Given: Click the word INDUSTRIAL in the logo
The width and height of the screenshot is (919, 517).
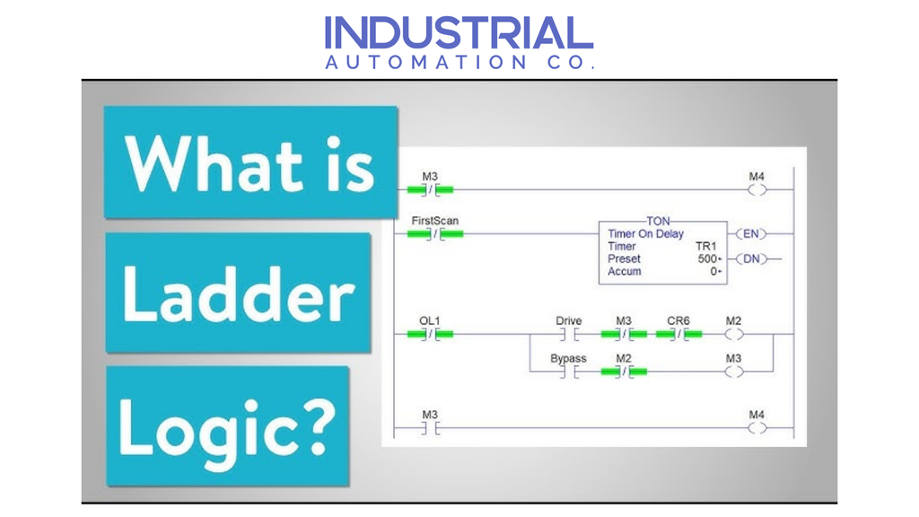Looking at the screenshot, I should click(459, 33).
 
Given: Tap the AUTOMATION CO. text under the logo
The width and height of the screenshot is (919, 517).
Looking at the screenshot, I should click(459, 63).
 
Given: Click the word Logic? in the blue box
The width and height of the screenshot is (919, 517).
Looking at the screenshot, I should click(227, 424).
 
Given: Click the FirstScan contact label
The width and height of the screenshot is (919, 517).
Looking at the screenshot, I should click(435, 221).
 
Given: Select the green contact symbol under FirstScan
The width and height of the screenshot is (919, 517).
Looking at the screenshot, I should click(435, 235).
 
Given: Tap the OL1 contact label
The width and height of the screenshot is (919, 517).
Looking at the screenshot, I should click(430, 320).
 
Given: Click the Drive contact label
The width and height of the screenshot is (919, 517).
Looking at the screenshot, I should click(568, 320).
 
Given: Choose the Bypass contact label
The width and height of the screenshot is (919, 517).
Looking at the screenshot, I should click(568, 359).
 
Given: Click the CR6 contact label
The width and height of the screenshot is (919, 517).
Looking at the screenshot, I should click(678, 320).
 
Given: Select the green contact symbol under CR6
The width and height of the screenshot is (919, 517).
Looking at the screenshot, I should click(678, 335).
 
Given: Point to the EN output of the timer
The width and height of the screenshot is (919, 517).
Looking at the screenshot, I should click(751, 234).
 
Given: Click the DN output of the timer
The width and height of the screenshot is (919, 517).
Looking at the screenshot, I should click(751, 259).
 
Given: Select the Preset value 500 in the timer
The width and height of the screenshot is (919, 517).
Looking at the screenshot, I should click(709, 258).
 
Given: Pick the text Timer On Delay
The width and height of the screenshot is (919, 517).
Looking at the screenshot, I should click(645, 233).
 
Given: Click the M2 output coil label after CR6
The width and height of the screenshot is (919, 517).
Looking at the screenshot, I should click(733, 320).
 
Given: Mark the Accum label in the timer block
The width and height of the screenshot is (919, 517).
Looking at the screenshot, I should click(625, 271).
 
